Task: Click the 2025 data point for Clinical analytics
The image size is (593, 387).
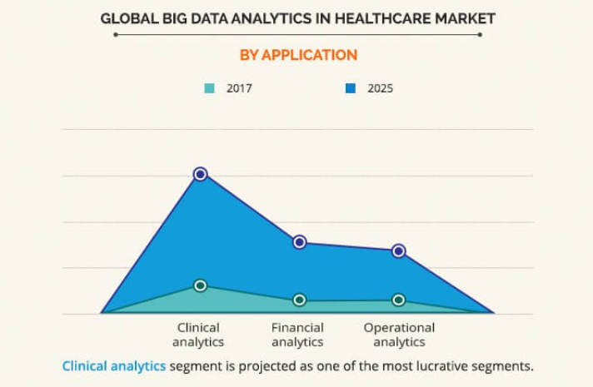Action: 200,174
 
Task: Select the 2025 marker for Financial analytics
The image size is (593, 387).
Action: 300,242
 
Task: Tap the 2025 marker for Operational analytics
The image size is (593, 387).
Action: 399,251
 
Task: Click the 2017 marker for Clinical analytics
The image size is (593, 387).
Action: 200,285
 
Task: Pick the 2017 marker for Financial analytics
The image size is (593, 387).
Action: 300,300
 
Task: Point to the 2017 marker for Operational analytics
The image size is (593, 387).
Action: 399,300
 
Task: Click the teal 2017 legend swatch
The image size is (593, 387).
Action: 210,87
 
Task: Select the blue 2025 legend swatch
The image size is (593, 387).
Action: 351,87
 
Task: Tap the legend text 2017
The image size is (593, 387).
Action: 239,87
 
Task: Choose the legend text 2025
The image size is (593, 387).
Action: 381,87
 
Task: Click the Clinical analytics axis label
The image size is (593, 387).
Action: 199,335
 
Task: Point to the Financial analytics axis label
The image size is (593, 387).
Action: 297,335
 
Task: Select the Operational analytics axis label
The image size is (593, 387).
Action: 399,335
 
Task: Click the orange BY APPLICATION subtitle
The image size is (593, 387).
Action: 297,55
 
